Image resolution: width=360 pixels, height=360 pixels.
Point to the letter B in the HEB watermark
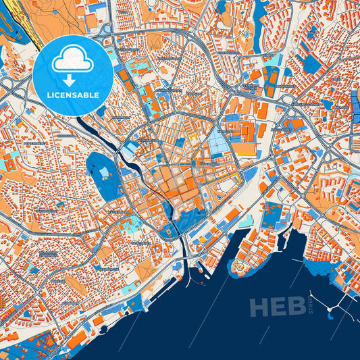tap(297, 307)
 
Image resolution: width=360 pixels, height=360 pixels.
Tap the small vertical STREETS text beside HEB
tap(311, 303)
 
